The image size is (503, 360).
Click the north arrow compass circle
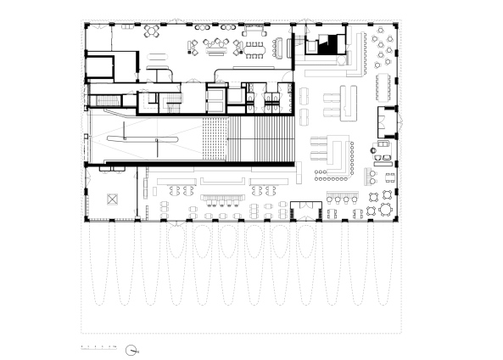[x=132, y=348]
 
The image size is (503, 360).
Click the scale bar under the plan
[x=98, y=347]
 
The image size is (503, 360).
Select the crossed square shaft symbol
[x=111, y=200]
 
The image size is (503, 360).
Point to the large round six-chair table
[x=387, y=41]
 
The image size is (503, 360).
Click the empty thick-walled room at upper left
[x=112, y=68]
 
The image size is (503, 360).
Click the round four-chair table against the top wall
[x=154, y=31]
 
